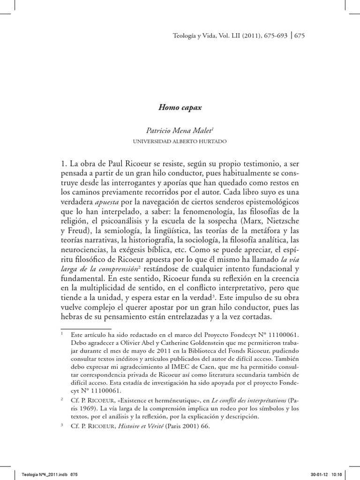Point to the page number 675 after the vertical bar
[x=299, y=36]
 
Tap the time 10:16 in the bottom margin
[x=339, y=474]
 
